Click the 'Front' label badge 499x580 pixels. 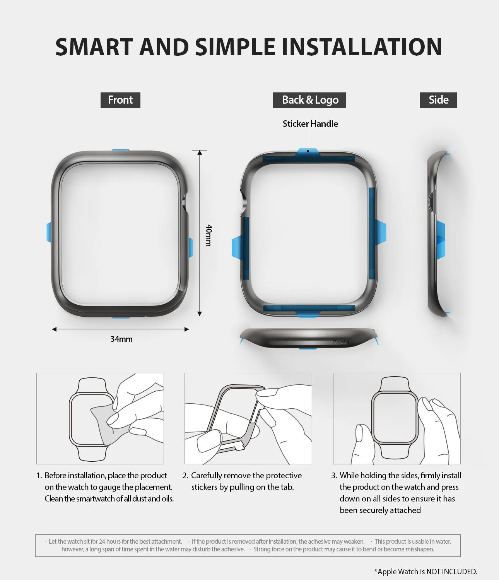click(x=120, y=100)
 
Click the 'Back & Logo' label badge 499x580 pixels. click(x=309, y=100)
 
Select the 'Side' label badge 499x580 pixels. click(x=438, y=100)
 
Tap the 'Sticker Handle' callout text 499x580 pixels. click(x=310, y=124)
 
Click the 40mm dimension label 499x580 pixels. click(x=208, y=235)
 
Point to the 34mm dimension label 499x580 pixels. click(x=121, y=339)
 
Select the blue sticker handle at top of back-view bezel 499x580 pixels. click(x=308, y=152)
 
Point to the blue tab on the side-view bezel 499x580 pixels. click(x=441, y=239)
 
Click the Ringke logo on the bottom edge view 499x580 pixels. click(x=341, y=342)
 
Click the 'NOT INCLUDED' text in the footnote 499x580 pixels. click(x=451, y=571)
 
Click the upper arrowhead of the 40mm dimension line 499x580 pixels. click(x=200, y=153)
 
